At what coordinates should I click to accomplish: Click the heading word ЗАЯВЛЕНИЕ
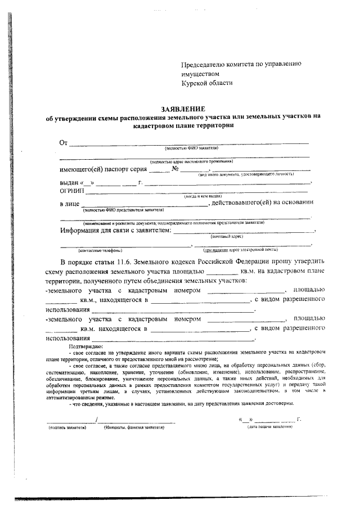click(x=183, y=109)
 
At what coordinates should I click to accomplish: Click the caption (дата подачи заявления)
click(x=269, y=427)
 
